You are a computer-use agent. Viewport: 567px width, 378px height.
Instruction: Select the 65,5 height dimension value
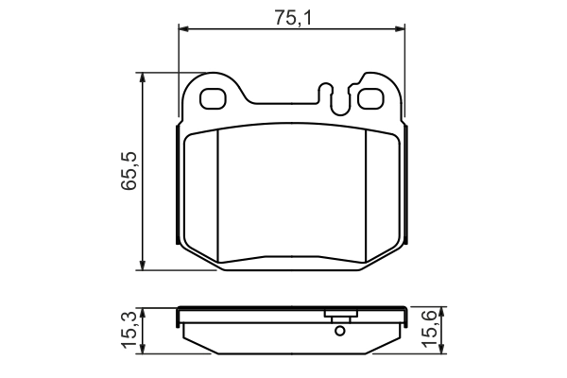pos(129,171)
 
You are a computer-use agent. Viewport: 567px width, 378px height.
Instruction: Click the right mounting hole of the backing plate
pos(368,96)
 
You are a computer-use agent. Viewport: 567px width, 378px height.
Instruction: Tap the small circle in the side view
pos(338,332)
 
